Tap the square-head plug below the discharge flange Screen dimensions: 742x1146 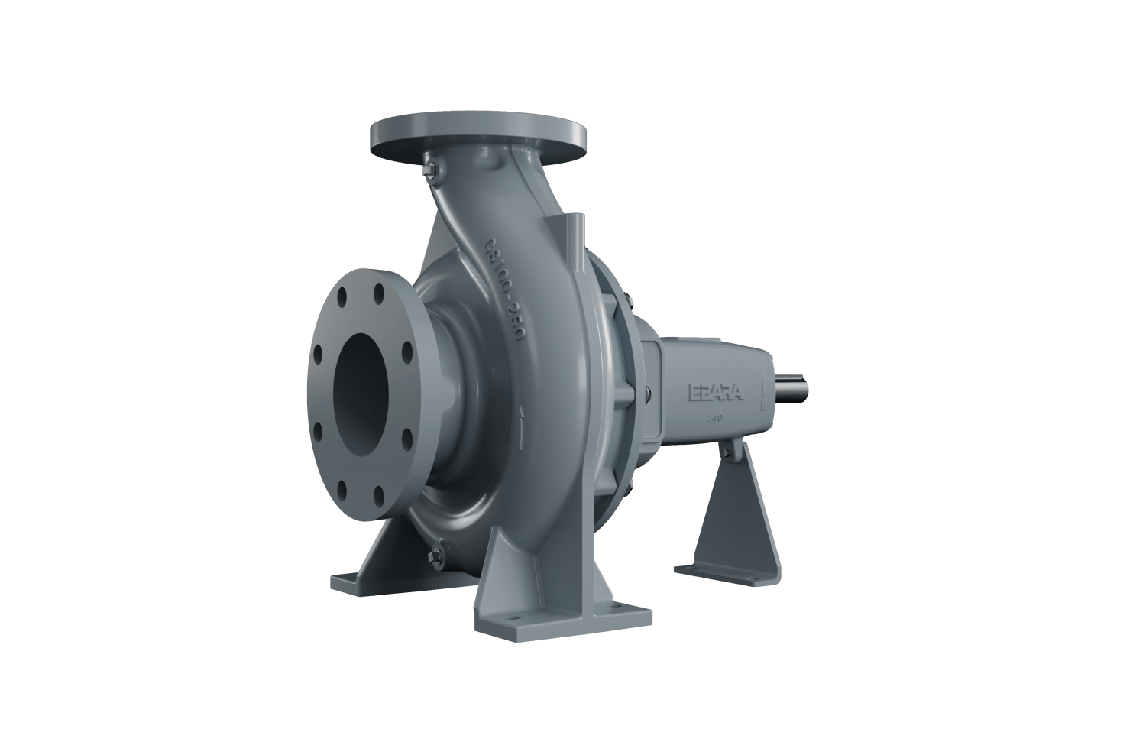click(429, 170)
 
